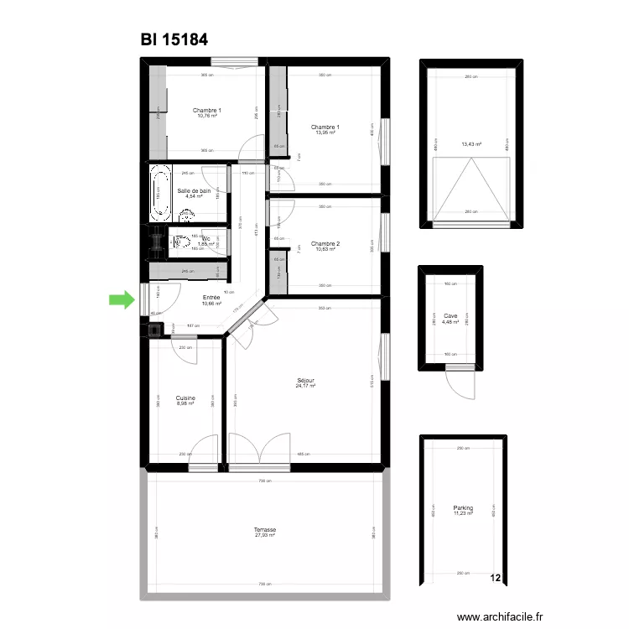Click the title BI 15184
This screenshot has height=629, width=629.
[174, 39]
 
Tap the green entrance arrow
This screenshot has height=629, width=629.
[122, 299]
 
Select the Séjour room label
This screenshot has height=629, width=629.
[304, 380]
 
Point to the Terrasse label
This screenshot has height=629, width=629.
[265, 529]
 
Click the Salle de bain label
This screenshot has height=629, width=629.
[194, 190]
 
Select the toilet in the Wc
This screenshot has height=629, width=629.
[179, 242]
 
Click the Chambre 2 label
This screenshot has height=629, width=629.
[325, 244]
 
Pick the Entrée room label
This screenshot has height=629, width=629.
[212, 297]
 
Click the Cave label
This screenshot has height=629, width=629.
[450, 316]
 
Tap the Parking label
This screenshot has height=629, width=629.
[463, 507]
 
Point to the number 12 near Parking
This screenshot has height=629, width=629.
[496, 578]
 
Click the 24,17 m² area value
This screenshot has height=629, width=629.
[304, 386]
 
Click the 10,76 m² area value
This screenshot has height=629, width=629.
[207, 116]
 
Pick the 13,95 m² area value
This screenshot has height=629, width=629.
[325, 133]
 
